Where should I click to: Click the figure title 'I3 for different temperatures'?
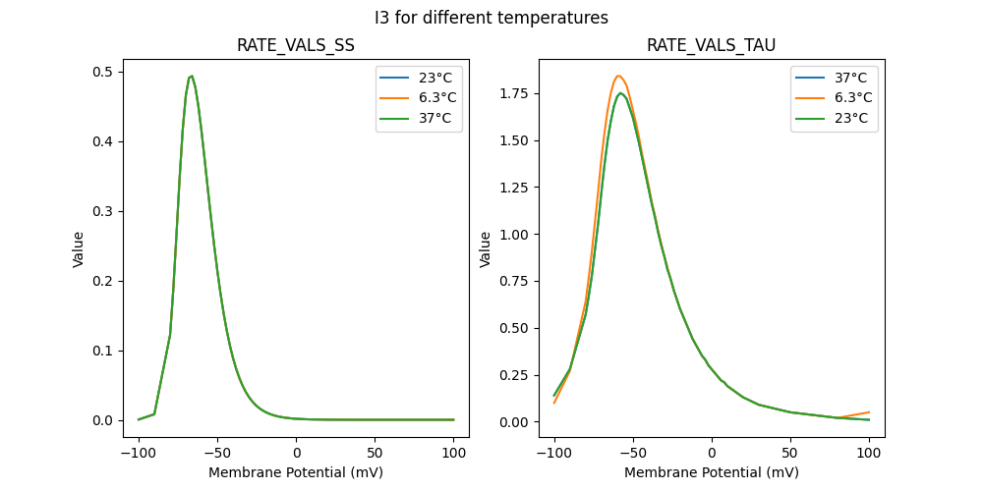(x=491, y=18)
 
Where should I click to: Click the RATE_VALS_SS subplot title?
(x=296, y=46)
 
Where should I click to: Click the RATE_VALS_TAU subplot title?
(x=711, y=46)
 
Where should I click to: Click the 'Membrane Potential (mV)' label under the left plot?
(x=296, y=472)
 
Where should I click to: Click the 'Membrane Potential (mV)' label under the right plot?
(x=711, y=472)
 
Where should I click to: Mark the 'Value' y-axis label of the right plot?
(x=485, y=249)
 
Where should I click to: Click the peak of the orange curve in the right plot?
(x=618, y=76)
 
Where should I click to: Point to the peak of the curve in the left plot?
(x=192, y=76)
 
